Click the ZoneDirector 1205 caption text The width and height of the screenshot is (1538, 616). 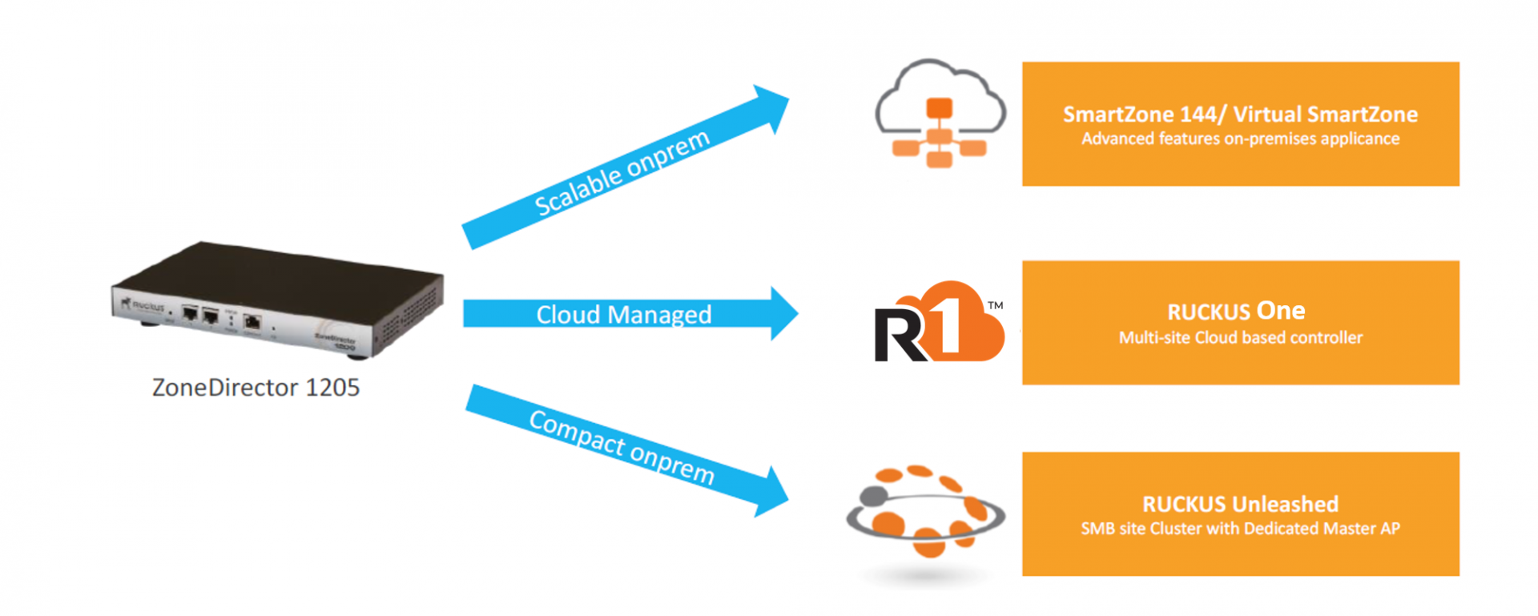pos(256,388)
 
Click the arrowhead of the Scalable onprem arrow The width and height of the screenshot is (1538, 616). pos(770,108)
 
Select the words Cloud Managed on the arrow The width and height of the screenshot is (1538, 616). pos(623,315)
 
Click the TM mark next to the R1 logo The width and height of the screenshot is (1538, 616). pos(995,306)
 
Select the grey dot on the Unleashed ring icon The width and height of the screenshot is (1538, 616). pos(872,496)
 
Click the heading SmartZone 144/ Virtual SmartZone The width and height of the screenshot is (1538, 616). pos(1240,115)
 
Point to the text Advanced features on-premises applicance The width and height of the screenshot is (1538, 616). pos(1240,139)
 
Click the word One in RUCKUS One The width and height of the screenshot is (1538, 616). pos(1281,311)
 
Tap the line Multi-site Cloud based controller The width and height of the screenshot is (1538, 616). pos(1240,338)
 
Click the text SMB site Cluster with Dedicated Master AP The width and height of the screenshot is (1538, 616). pos(1240,529)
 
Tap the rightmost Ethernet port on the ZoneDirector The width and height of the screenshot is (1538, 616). pos(252,322)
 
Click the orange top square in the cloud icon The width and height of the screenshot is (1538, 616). pos(940,107)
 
